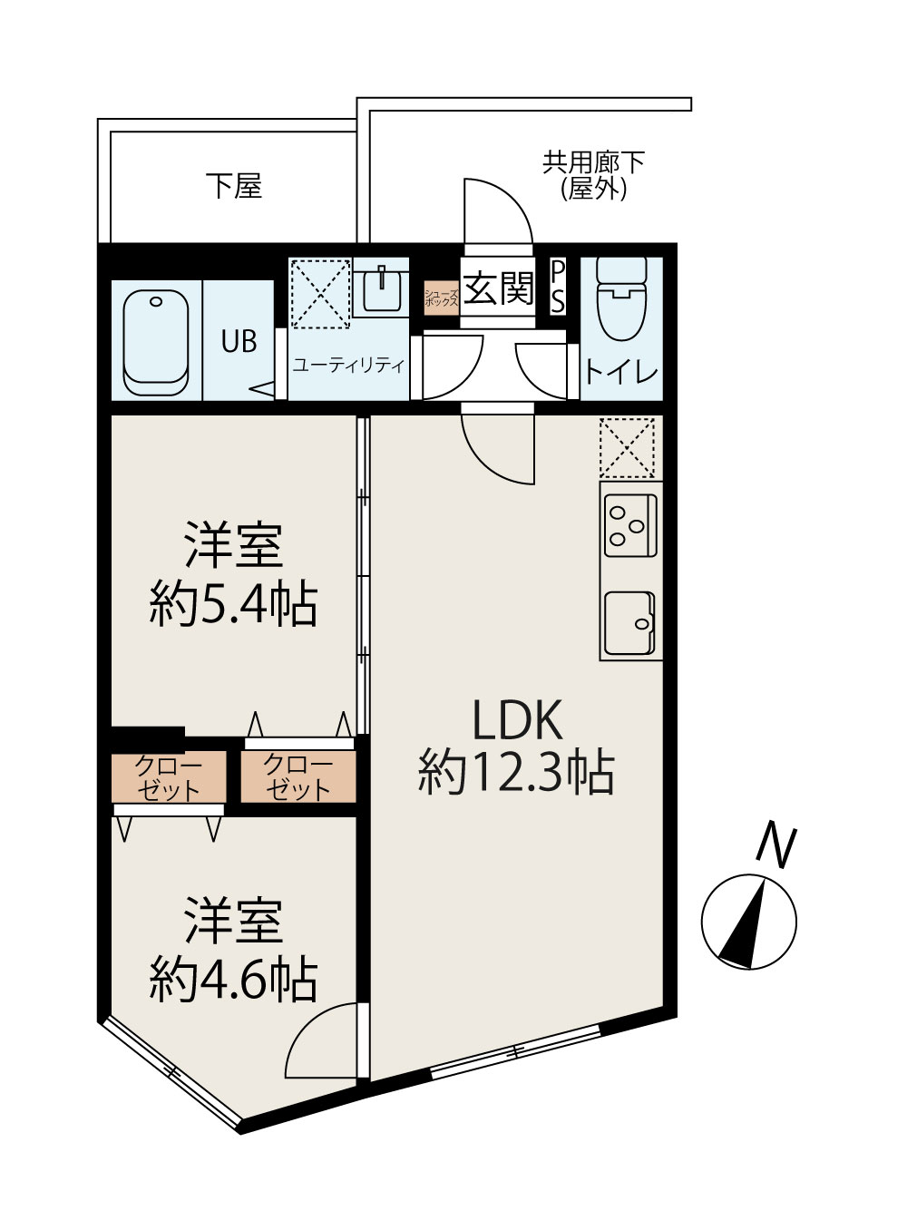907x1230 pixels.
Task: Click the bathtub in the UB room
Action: [x=155, y=342]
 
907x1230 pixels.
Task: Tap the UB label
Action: [x=239, y=342]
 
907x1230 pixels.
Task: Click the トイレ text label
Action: [x=621, y=372]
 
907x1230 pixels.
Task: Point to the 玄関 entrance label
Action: [x=498, y=289]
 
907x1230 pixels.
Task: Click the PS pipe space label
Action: [x=558, y=288]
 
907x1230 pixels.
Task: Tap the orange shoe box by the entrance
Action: [x=442, y=297]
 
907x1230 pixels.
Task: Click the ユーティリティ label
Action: [x=347, y=366]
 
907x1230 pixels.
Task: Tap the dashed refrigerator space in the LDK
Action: [x=627, y=447]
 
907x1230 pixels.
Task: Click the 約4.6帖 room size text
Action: [x=233, y=978]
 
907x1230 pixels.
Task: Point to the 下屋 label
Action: [x=234, y=186]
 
